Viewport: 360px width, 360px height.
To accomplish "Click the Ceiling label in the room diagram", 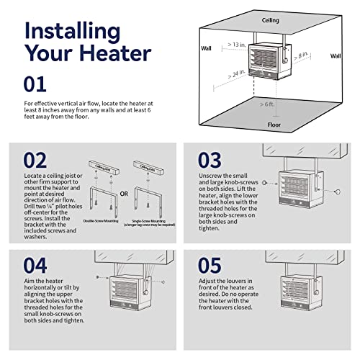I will (x=271, y=21).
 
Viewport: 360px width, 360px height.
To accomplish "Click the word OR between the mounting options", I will (x=123, y=192).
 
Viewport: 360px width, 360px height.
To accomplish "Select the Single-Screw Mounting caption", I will (x=150, y=222).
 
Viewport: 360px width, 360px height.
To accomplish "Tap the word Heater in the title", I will (x=107, y=54).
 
